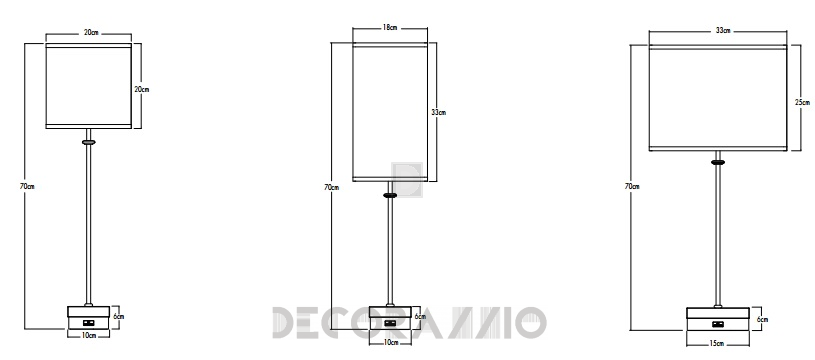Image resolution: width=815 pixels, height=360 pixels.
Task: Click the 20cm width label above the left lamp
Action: [x=90, y=33]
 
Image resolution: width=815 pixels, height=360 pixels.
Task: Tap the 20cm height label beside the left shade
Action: [x=141, y=89]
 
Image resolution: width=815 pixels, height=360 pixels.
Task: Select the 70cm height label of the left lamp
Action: [x=27, y=186]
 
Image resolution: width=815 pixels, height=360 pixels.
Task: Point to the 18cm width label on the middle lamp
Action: [x=390, y=28]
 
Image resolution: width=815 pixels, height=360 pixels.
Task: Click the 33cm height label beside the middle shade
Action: [x=439, y=112]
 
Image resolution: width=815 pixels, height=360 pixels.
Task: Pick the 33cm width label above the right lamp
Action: [x=723, y=31]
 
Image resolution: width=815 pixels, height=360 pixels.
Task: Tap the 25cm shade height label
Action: [x=803, y=102]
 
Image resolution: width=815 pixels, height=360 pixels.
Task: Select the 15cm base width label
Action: [x=717, y=343]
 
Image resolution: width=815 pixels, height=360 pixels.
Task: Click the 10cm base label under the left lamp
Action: [x=89, y=336]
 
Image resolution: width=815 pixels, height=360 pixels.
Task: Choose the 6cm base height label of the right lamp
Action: [x=763, y=319]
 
